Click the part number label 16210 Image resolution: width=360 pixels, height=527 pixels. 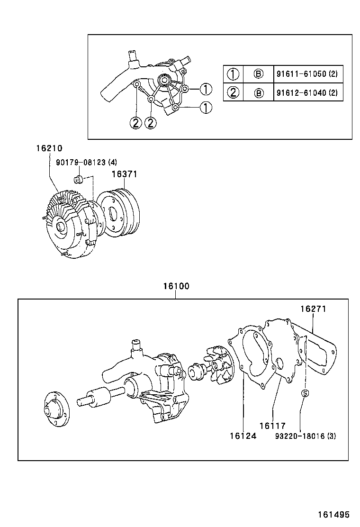[49, 149]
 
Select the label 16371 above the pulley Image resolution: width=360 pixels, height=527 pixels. [124, 174]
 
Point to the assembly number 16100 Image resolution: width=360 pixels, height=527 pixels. [176, 286]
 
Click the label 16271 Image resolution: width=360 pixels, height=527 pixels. [313, 309]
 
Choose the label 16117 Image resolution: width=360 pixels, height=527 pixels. [272, 426]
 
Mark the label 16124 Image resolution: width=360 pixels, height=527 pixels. [243, 436]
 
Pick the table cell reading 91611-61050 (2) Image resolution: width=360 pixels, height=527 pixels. [306, 74]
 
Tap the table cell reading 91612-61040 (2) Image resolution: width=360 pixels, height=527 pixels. [306, 92]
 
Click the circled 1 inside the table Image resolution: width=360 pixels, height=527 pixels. [233, 74]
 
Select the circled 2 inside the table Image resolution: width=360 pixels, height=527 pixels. [233, 92]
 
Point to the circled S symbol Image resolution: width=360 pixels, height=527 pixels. [305, 393]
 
